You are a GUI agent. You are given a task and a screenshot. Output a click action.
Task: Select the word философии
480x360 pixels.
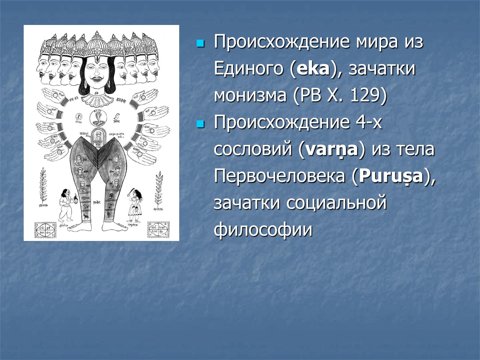(x=263, y=230)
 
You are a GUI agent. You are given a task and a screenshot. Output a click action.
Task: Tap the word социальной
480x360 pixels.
(x=336, y=203)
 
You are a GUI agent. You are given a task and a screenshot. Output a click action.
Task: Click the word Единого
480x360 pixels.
(x=248, y=69)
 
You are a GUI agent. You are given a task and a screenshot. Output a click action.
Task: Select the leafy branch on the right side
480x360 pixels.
(x=158, y=189)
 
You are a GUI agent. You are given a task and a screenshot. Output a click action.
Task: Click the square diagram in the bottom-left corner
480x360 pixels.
(x=44, y=229)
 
